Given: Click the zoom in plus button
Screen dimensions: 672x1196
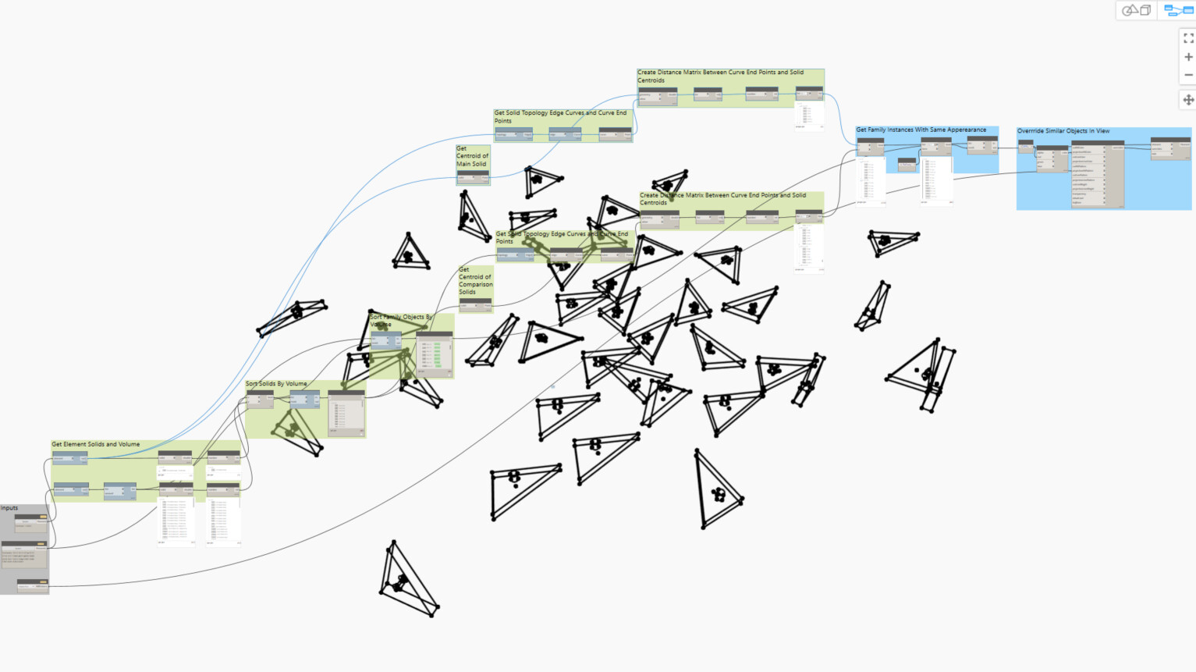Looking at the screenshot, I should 1188,57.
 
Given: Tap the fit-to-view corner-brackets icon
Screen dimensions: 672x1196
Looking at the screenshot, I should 1188,37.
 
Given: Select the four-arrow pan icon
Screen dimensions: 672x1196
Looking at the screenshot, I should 1188,100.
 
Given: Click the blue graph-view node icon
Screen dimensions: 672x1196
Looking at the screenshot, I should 1178,10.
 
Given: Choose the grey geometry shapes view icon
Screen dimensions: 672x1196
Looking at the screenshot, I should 1137,10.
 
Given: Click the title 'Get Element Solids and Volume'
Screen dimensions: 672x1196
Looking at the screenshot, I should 96,444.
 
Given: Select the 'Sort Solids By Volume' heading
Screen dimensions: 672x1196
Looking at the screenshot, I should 276,384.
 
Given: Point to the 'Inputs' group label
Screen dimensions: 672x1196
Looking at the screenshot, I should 9,508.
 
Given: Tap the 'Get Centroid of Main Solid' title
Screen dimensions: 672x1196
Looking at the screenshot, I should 472,156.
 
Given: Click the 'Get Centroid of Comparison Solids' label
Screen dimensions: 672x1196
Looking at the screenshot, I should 475,280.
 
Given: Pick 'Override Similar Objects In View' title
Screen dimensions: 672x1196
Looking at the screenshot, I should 1063,131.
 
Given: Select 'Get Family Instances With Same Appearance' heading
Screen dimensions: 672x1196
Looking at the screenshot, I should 921,130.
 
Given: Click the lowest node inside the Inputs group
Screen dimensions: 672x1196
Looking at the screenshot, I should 32,585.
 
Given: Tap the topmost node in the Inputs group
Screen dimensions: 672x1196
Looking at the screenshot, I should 31,521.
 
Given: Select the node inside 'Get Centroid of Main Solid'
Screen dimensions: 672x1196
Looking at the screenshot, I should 473,177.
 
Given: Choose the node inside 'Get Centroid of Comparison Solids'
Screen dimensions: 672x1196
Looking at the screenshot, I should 475,304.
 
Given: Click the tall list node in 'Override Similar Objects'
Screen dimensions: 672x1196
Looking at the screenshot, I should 1097,173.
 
